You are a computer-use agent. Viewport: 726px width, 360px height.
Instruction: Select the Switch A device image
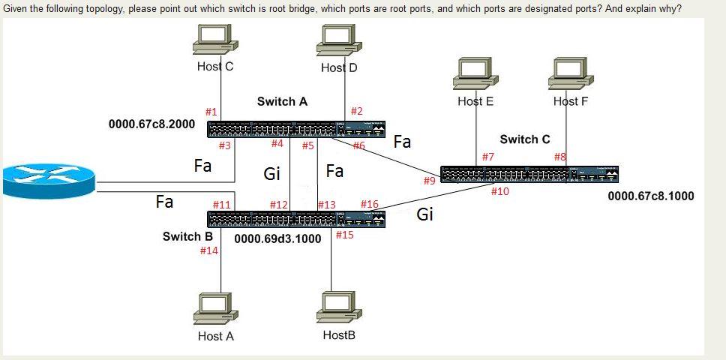298,128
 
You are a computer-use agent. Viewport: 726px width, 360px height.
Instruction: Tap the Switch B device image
298,219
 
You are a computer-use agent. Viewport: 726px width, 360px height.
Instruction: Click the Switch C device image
529,174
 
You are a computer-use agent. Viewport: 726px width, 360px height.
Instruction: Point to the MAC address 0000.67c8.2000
151,124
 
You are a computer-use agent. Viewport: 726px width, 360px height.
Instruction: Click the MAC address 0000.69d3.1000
277,239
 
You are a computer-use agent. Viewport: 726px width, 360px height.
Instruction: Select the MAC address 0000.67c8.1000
650,196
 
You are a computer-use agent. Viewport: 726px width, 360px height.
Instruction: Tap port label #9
429,181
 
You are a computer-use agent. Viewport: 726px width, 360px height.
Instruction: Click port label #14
209,250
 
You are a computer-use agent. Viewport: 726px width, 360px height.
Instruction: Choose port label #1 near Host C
211,112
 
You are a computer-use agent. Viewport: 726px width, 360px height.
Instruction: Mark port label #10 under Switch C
499,191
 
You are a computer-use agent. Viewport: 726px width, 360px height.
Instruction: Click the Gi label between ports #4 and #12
271,174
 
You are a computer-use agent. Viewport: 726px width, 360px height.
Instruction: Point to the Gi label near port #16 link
424,214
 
